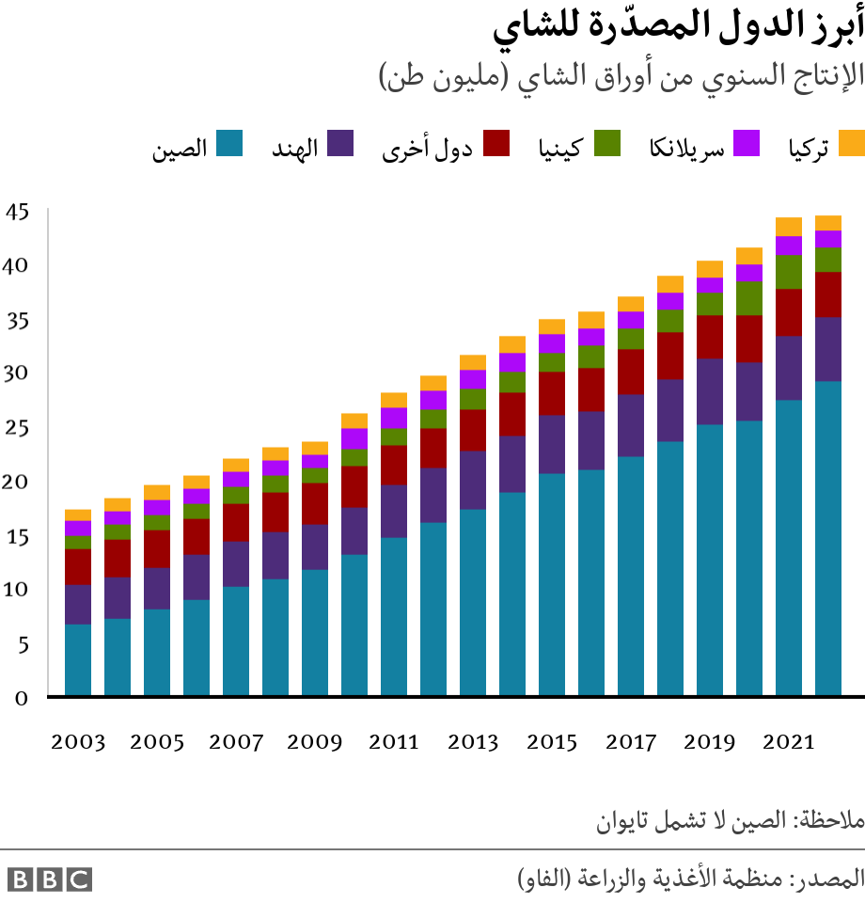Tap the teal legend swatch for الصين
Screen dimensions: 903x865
tap(229, 144)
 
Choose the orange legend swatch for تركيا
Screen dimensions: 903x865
tap(851, 144)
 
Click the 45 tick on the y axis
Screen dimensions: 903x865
tap(19, 212)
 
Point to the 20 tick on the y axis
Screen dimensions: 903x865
tap(19, 482)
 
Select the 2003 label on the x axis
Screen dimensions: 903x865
tap(78, 742)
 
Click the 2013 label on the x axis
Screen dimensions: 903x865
tap(473, 742)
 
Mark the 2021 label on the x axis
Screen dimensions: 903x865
tap(789, 742)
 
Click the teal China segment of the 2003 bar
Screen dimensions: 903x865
tap(78, 660)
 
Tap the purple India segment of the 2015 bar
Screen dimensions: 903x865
tap(552, 444)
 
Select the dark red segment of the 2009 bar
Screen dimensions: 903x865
tap(315, 503)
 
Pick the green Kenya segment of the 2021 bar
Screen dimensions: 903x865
tap(789, 272)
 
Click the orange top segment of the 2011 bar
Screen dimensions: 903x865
tap(394, 400)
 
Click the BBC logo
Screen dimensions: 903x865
tap(50, 879)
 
